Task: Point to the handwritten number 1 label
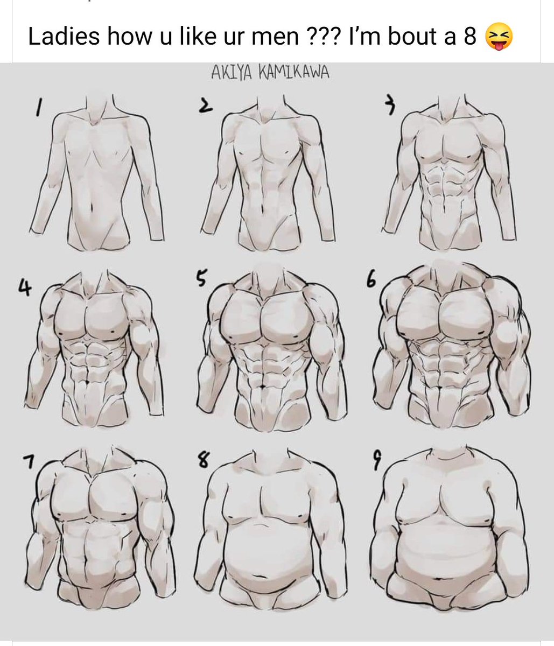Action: pos(38,108)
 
